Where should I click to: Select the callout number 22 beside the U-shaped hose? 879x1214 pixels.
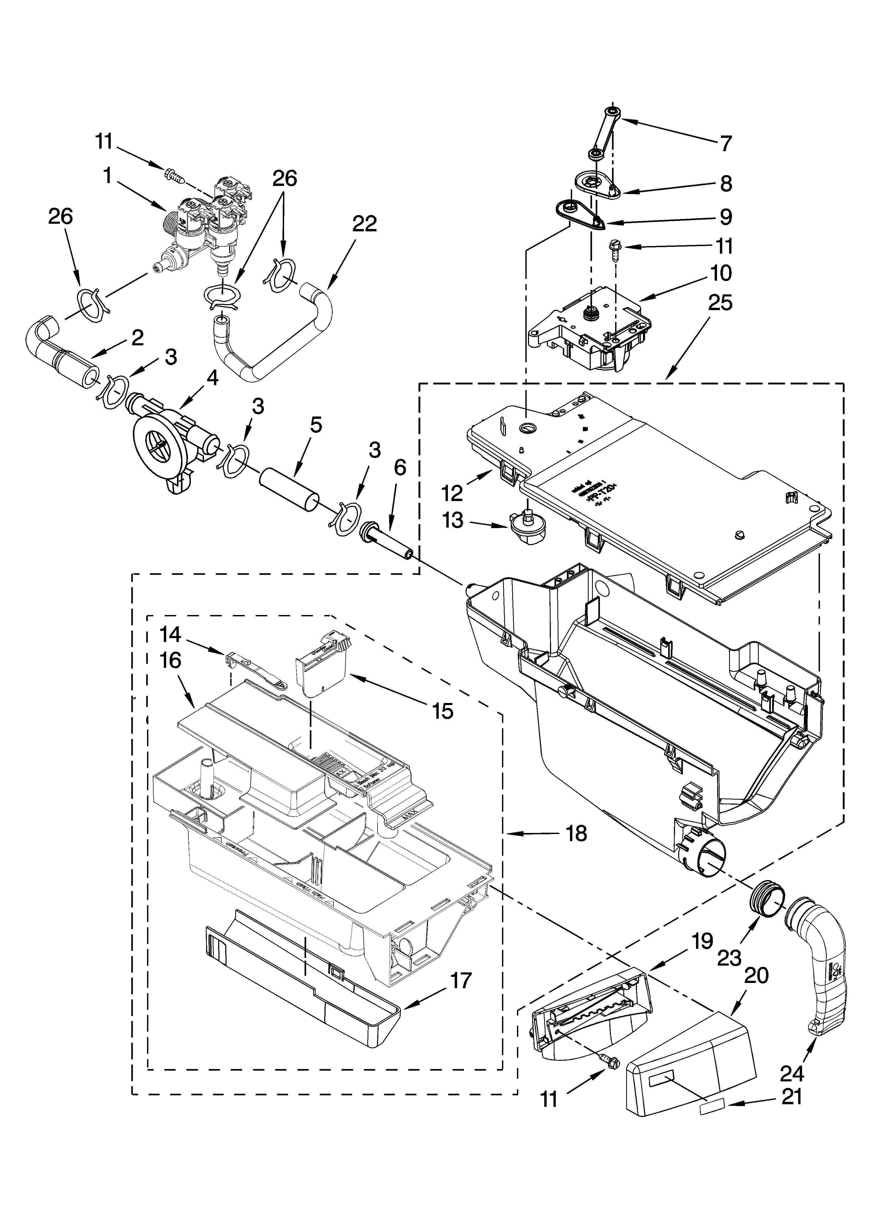(364, 224)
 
